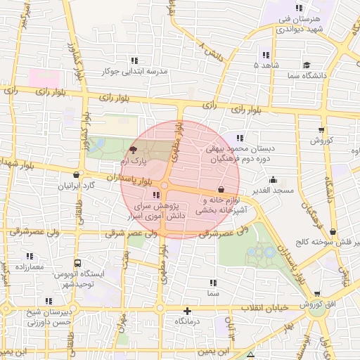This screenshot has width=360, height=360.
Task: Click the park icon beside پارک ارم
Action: pyautogui.click(x=134, y=150)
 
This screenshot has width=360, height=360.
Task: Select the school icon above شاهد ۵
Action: pyautogui.click(x=266, y=54)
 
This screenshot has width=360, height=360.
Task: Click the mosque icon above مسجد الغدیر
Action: pyautogui.click(x=273, y=179)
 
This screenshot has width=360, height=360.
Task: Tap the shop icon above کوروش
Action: pyautogui.click(x=321, y=129)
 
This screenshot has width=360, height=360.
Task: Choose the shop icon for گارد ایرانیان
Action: pyautogui.click(x=76, y=174)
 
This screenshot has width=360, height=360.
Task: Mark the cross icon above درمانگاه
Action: pyautogui.click(x=187, y=311)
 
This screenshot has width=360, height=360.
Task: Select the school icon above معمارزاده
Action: pyautogui.click(x=30, y=256)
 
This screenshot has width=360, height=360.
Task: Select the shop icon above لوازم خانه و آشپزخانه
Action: pyautogui.click(x=221, y=189)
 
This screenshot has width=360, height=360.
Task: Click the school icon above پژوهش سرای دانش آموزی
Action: pyautogui.click(x=155, y=195)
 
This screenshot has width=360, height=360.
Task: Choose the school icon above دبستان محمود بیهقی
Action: pyautogui.click(x=240, y=138)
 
